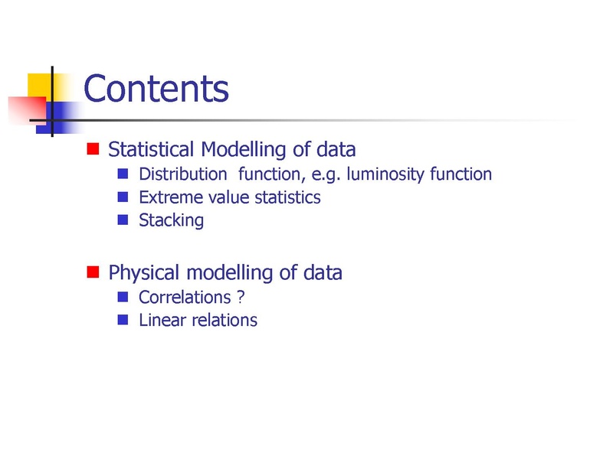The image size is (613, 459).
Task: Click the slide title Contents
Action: point(156,89)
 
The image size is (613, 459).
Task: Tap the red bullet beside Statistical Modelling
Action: point(93,148)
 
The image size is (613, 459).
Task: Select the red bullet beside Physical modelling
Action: point(93,272)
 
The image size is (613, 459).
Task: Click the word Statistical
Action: point(151,149)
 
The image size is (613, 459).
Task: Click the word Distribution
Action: point(183,174)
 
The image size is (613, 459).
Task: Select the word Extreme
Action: point(169,197)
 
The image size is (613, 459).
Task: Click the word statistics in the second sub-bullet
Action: point(288,197)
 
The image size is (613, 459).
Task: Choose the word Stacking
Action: point(171,221)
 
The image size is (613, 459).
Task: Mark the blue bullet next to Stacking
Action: point(123,220)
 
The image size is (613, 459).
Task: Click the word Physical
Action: point(144,273)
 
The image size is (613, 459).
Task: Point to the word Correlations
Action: point(185,298)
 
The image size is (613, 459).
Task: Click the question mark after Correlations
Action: point(241,298)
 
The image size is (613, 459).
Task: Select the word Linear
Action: point(162,320)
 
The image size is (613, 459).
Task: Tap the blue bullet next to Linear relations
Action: point(123,320)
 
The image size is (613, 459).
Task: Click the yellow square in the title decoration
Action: point(40,86)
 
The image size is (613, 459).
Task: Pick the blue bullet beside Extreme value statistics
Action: point(123,197)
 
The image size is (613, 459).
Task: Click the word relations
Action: point(225,320)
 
